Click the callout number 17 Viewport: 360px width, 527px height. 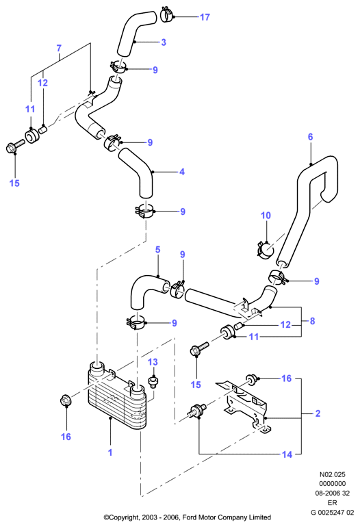tap(205, 17)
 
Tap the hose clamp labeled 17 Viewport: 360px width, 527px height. tap(167, 14)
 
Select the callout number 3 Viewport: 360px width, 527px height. tap(164, 42)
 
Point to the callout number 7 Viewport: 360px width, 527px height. tap(59, 48)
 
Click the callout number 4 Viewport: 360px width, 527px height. tap(182, 172)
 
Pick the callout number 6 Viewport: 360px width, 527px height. tap(310, 137)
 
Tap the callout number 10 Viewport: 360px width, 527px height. tap(266, 216)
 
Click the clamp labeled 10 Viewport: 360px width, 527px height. tap(266, 250)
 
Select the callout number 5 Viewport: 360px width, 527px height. tap(157, 250)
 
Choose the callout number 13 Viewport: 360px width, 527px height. tap(153, 362)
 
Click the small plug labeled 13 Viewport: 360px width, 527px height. tap(153, 382)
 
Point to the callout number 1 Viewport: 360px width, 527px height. tap(110, 452)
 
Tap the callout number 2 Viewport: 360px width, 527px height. tap(318, 413)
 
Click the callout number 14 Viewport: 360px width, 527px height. tap(287, 454)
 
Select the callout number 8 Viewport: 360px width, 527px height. tap(312, 321)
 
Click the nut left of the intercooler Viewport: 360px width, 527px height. tap(66, 401)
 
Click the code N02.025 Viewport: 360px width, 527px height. tap(332, 474)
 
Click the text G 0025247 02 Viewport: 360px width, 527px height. tap(332, 513)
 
